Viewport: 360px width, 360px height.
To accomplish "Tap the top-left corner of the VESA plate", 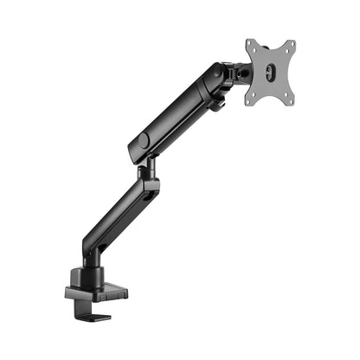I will tap(247, 42).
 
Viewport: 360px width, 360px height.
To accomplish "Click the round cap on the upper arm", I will tap(143, 140).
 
